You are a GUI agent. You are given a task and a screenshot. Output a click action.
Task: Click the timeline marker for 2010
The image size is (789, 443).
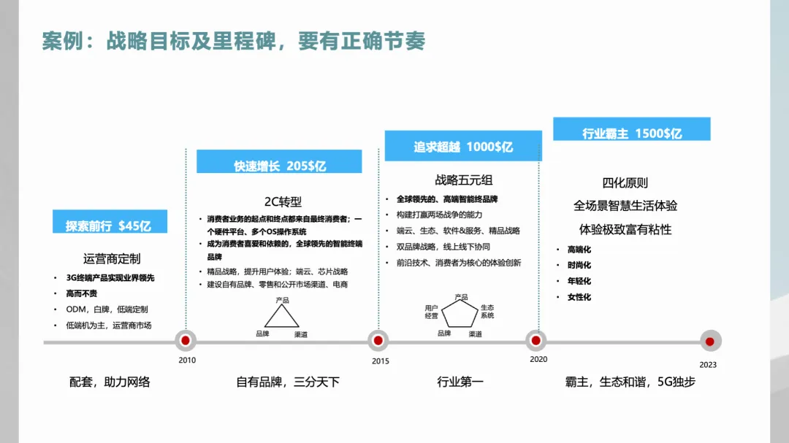pyautogui.click(x=186, y=340)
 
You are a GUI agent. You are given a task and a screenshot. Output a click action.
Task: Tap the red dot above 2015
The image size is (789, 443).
pyautogui.click(x=378, y=340)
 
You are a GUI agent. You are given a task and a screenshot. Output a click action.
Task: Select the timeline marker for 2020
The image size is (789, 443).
pyautogui.click(x=536, y=340)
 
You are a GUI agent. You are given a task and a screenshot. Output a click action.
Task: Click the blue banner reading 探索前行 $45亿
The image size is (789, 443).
pyautogui.click(x=109, y=225)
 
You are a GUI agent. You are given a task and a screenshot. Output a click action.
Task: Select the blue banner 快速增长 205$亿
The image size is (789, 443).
pyautogui.click(x=279, y=165)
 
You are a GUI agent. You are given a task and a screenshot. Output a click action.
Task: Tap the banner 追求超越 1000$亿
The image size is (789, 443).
pyautogui.click(x=463, y=146)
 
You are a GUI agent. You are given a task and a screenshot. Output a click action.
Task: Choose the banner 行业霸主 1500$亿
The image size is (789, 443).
pyautogui.click(x=631, y=133)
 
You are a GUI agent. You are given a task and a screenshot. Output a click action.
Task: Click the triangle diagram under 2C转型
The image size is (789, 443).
pyautogui.click(x=281, y=315)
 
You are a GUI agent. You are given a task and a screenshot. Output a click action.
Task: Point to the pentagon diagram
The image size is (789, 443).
pyautogui.click(x=460, y=314)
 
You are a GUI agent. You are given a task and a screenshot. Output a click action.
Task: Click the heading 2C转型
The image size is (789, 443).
pyautogui.click(x=283, y=201)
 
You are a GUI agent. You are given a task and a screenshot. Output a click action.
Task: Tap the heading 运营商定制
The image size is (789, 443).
pyautogui.click(x=112, y=258)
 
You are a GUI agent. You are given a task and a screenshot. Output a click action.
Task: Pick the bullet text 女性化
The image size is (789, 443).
pyautogui.click(x=579, y=297)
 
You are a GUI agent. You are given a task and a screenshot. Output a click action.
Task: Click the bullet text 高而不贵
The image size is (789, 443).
pyautogui.click(x=81, y=293)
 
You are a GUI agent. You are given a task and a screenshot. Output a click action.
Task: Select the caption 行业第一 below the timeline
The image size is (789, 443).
pyautogui.click(x=460, y=382)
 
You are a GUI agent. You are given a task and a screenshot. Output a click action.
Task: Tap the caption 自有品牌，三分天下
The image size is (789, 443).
pyautogui.click(x=288, y=382)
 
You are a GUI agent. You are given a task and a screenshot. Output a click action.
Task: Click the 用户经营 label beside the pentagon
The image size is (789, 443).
pyautogui.click(x=431, y=312)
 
